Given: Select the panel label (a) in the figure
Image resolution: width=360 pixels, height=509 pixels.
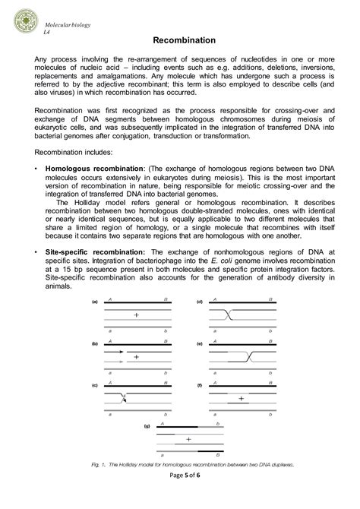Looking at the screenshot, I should point(95,302).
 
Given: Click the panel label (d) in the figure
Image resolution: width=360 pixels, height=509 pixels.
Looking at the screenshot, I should point(199,302).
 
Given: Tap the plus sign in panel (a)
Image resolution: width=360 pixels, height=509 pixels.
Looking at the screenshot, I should point(136,315).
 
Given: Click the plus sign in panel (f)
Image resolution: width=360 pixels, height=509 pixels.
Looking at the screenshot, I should point(241,397).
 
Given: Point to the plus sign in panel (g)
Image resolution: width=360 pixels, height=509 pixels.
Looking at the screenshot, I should point(188,439).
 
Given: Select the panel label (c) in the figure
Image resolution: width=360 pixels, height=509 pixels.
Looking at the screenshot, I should point(95,386).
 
